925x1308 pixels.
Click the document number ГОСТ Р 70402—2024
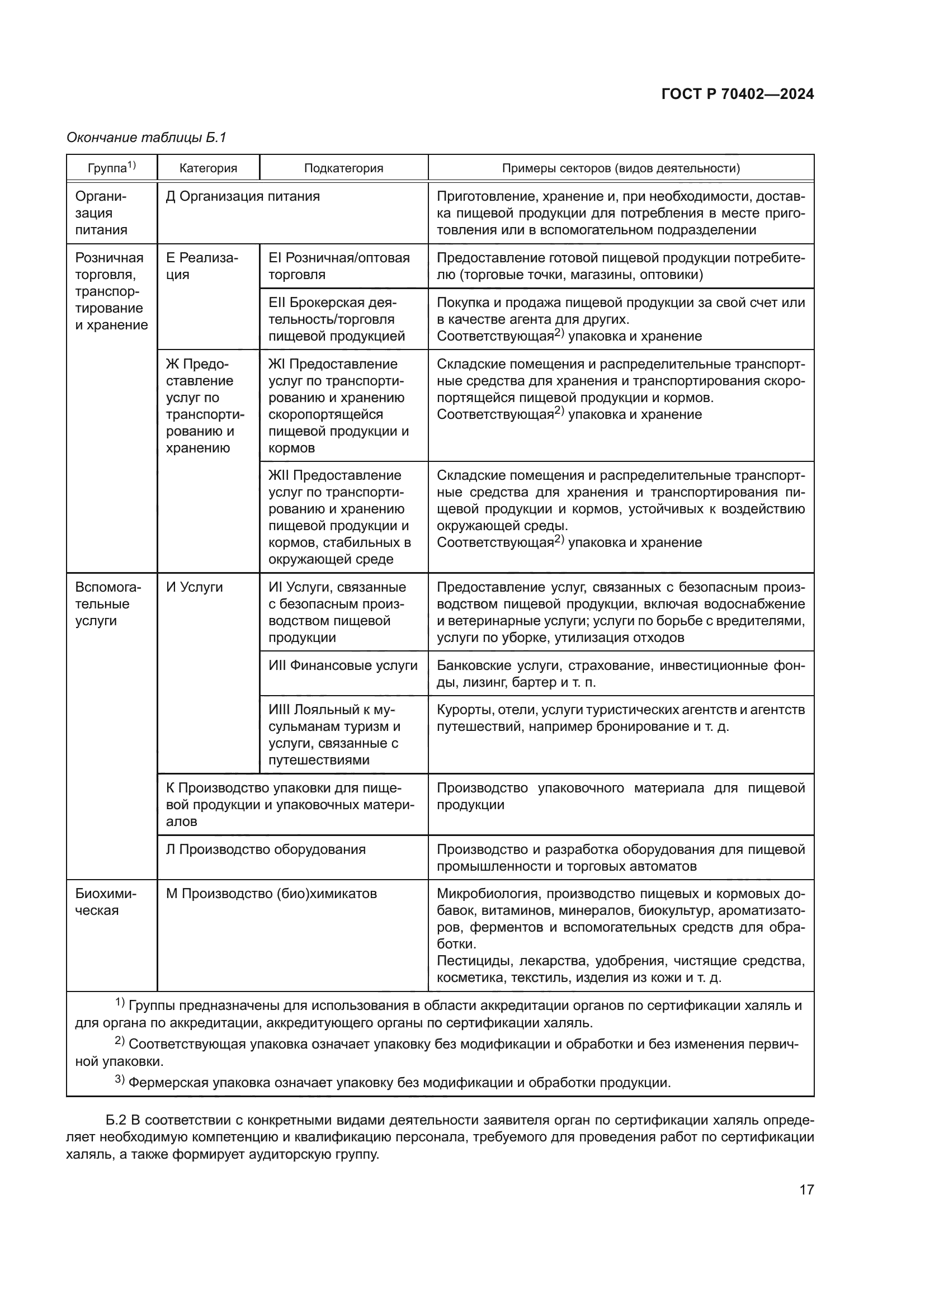click(x=738, y=94)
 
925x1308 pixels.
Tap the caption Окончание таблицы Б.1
click(x=147, y=138)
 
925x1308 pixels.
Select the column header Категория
click(x=208, y=168)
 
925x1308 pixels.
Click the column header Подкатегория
click(x=343, y=168)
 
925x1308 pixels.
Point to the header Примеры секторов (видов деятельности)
click(x=620, y=168)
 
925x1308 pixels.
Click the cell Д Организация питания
click(x=243, y=196)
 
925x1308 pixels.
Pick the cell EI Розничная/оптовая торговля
click(x=339, y=266)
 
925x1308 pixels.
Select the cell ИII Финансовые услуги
click(x=343, y=665)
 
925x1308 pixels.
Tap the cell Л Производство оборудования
click(x=266, y=849)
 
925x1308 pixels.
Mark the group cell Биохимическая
click(x=105, y=902)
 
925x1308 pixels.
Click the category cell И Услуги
click(x=194, y=587)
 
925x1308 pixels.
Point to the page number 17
click(x=806, y=1189)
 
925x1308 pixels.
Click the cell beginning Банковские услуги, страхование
click(x=620, y=673)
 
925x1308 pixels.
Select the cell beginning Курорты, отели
click(x=620, y=718)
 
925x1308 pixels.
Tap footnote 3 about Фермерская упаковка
click(x=393, y=1083)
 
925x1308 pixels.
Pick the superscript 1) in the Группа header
click(x=131, y=165)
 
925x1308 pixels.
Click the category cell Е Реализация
click(x=202, y=266)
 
